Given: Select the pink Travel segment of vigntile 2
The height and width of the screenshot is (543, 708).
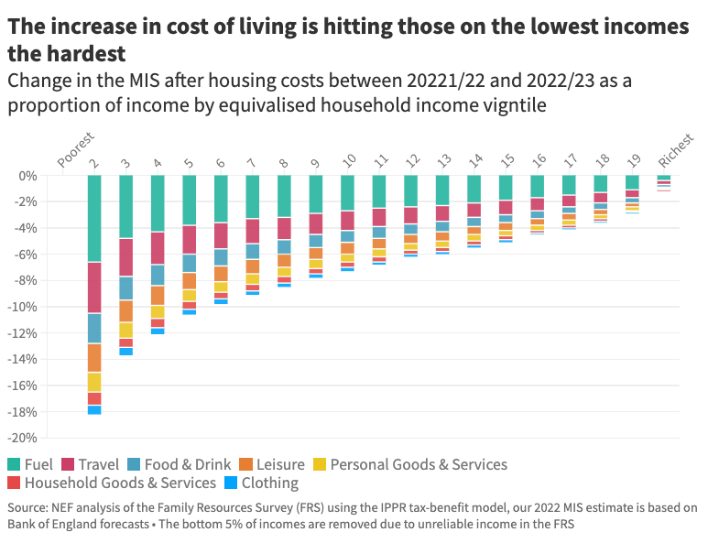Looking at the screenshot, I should point(93,288).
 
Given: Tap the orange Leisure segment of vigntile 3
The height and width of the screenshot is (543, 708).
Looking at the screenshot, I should point(125,310).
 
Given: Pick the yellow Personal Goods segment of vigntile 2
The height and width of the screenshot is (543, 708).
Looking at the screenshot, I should point(93,382).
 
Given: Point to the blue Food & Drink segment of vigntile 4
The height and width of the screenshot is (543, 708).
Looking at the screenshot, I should point(158,274).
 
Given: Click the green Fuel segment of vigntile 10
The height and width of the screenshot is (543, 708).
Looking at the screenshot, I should point(347,192).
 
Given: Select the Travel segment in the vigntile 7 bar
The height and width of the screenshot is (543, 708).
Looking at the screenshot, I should point(253,231).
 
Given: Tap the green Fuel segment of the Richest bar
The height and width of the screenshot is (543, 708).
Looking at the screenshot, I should point(663,178).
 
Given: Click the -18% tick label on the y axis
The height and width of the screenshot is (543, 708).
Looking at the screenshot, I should point(25,412).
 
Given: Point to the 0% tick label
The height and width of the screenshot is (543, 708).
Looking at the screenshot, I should point(28,175).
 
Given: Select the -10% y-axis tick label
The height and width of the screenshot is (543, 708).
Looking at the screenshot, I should point(25,307).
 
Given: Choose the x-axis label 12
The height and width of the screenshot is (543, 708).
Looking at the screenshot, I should point(412,161).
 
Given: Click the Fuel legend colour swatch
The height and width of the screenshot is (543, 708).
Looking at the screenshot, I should point(14,464).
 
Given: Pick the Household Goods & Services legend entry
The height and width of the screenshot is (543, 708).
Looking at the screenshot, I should point(120,483).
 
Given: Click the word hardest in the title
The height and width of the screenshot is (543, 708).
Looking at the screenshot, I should point(81,52).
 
